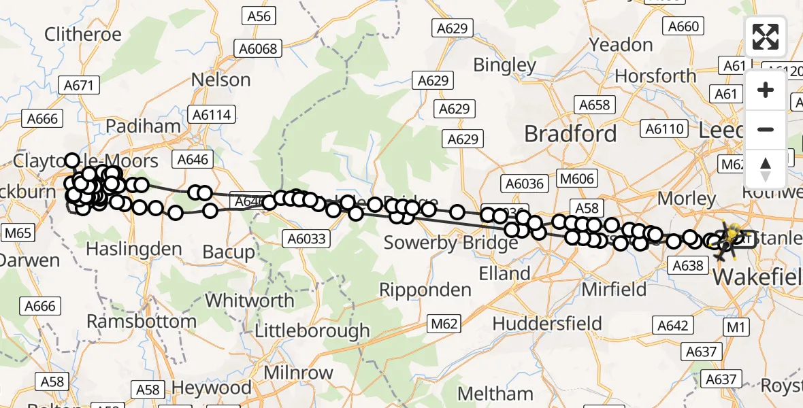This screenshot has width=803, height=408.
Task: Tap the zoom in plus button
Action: pyautogui.click(x=766, y=90)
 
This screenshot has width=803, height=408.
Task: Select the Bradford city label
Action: pyautogui.click(x=570, y=133)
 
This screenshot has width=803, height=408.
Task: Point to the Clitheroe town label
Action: pyautogui.click(x=82, y=34)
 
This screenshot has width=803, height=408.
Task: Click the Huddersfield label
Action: pyautogui.click(x=547, y=323)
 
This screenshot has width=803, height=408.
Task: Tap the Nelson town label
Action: pyautogui.click(x=220, y=80)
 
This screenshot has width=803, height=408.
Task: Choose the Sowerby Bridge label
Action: pyautogui.click(x=450, y=242)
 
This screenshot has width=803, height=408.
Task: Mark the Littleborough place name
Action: pyautogui.click(x=312, y=331)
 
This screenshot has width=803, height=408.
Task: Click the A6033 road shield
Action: pyautogui.click(x=308, y=238)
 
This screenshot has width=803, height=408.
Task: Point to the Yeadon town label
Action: pyautogui.click(x=621, y=45)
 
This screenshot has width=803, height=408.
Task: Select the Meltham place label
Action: pyautogui.click(x=495, y=394)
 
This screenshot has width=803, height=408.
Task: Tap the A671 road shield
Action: pyautogui.click(x=80, y=85)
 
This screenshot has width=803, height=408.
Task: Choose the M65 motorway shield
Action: pyautogui.click(x=17, y=234)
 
